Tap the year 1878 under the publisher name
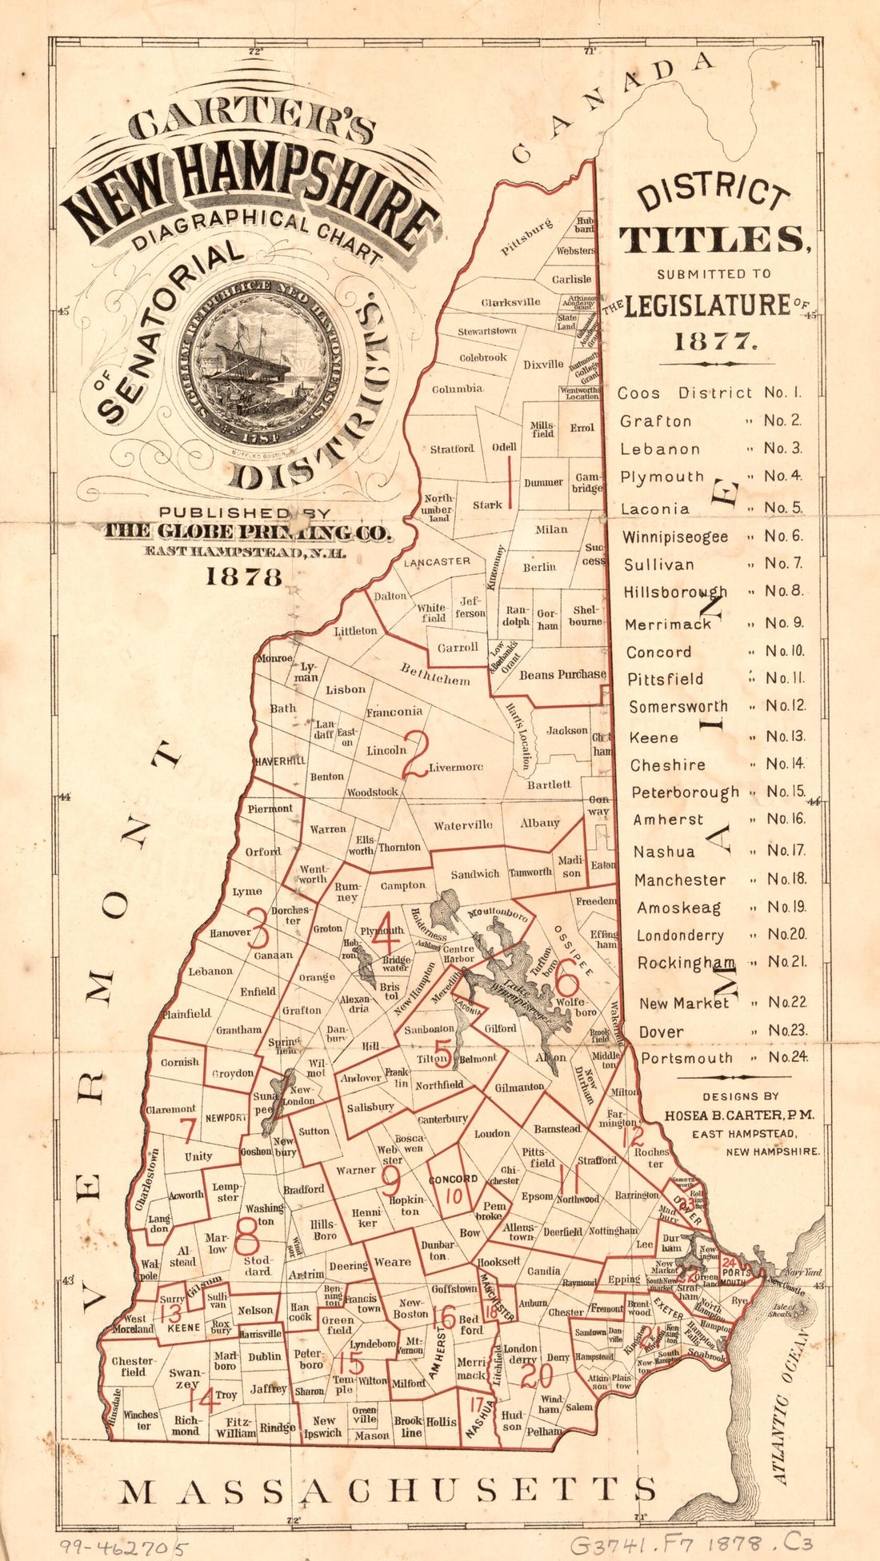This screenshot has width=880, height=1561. tap(244, 577)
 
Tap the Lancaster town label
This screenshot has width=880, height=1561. tap(436, 562)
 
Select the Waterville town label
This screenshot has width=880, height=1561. tap(463, 825)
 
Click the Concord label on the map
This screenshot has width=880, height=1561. tap(453, 1179)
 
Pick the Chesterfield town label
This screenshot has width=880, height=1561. tap(133, 1366)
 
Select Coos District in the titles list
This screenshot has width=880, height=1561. tap(685, 393)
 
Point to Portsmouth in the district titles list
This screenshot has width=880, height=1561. tap(686, 1058)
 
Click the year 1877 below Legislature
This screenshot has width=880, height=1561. tap(714, 341)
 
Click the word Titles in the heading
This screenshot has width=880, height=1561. tap(714, 239)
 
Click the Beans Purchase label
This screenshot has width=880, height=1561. tap(562, 674)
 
